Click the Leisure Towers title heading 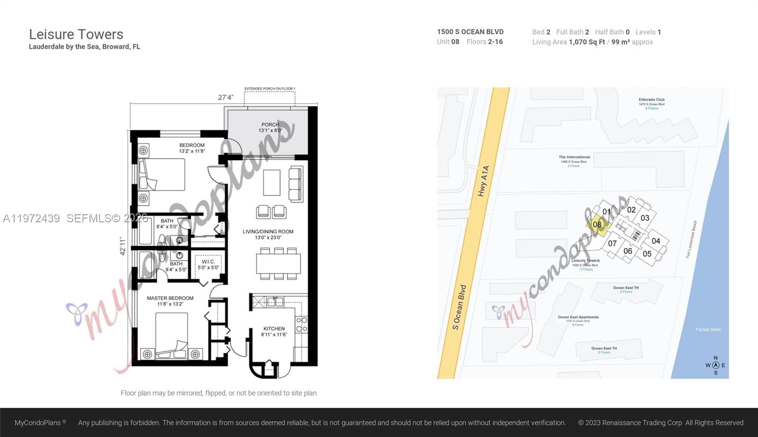(76, 35)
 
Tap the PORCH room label (270, 125)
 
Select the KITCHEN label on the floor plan (274, 328)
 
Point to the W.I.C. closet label (208, 262)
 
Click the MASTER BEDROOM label (170, 298)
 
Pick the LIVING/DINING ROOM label (268, 232)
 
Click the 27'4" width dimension (226, 98)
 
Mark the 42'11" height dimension (123, 246)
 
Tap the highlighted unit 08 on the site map (597, 225)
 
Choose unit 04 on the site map (656, 241)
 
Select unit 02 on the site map (632, 209)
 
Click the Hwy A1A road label (483, 181)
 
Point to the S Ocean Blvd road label (459, 307)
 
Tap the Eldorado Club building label (651, 100)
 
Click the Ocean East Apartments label (578, 317)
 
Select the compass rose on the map (715, 365)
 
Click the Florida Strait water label (708, 329)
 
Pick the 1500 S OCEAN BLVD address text (470, 32)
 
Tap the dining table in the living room (279, 264)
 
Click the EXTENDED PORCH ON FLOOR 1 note (270, 89)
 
